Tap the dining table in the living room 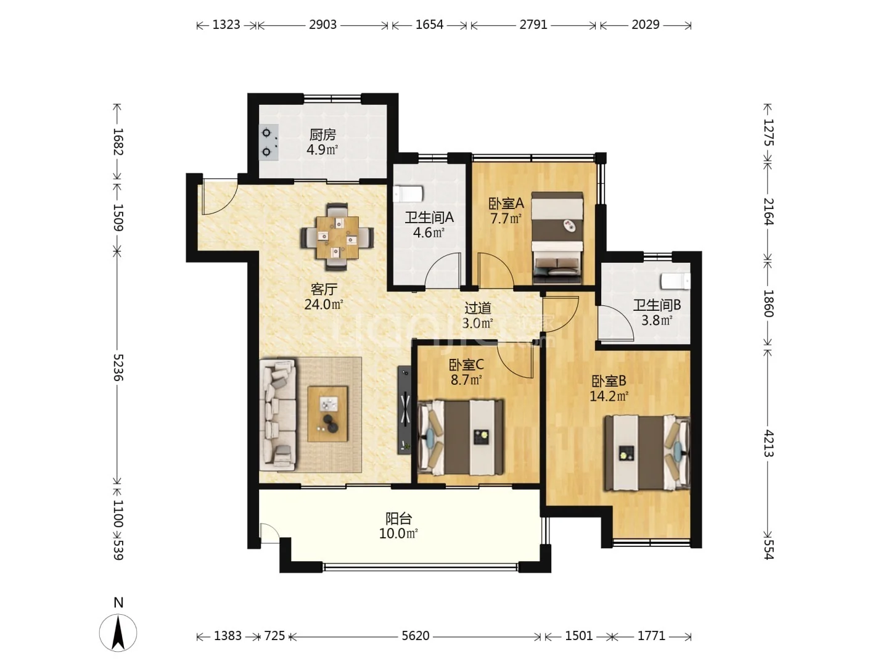pyautogui.click(x=337, y=237)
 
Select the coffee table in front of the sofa pyautogui.click(x=327, y=414)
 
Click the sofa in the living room pyautogui.click(x=277, y=415)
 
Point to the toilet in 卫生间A pyautogui.click(x=408, y=194)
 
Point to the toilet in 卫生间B pyautogui.click(x=675, y=281)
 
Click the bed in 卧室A pyautogui.click(x=557, y=238)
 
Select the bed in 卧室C pyautogui.click(x=461, y=438)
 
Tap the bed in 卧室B pyautogui.click(x=647, y=453)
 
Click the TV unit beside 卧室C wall pyautogui.click(x=404, y=410)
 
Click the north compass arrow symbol pyautogui.click(x=118, y=633)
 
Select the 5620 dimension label pyautogui.click(x=415, y=636)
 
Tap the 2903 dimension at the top pyautogui.click(x=323, y=25)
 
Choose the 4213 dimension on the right pyautogui.click(x=768, y=443)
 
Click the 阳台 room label pyautogui.click(x=398, y=518)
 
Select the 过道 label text pyautogui.click(x=478, y=308)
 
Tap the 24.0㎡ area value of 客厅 pyautogui.click(x=324, y=304)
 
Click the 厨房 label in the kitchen pyautogui.click(x=323, y=134)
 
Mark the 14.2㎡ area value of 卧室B pyautogui.click(x=609, y=397)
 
